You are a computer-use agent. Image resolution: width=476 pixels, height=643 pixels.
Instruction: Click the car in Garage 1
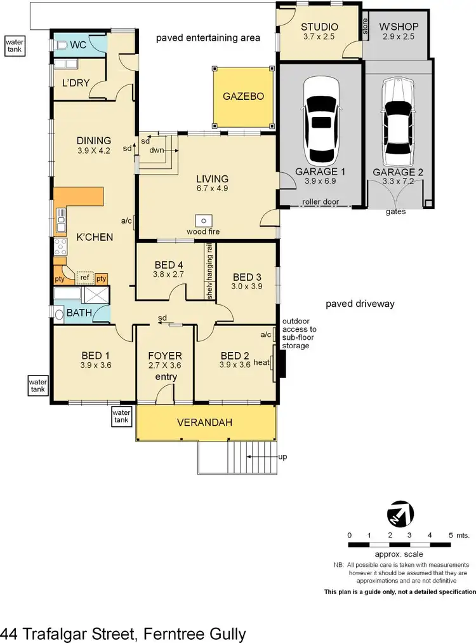(321, 121)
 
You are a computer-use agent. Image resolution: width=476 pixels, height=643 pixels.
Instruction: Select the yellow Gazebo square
(243, 97)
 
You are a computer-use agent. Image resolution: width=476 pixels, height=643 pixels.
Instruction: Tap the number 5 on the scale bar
(450, 535)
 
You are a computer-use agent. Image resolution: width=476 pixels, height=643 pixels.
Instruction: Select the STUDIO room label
(319, 27)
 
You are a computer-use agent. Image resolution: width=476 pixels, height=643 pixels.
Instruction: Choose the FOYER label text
(164, 356)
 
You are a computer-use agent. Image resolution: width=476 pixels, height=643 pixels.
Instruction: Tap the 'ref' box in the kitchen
(84, 278)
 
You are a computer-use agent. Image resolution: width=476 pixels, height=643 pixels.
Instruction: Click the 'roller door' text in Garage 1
(320, 201)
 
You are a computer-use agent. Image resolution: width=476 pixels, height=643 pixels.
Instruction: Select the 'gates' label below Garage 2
(397, 212)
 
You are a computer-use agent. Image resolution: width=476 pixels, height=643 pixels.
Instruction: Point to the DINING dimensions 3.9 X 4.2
(93, 151)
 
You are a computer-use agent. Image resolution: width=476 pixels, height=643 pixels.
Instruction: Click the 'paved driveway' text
(360, 304)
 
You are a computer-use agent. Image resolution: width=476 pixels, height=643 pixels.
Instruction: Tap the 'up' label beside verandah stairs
(282, 457)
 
